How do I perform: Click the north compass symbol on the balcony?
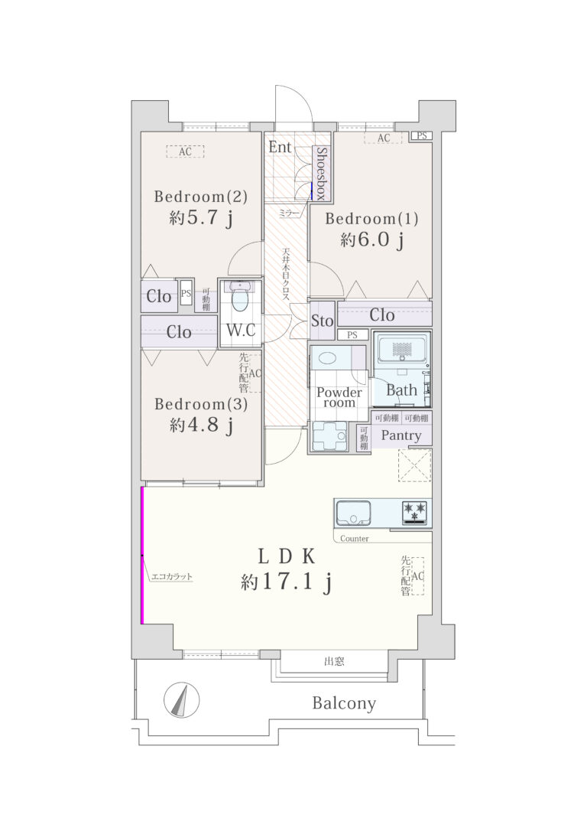point(182,699)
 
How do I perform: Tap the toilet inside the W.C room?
point(239,297)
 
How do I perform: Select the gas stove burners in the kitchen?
point(414,513)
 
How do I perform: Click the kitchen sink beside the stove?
point(354,513)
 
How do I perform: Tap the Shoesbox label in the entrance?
point(321,173)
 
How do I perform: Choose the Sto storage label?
point(322,321)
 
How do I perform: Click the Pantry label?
point(401,435)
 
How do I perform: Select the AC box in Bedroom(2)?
point(185,152)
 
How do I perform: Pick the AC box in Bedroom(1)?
point(383,138)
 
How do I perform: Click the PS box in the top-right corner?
point(421,135)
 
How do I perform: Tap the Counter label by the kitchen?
point(354,539)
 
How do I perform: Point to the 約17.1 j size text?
point(287,582)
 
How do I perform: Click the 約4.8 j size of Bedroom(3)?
point(201,425)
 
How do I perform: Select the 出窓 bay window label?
point(334,661)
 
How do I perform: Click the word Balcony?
point(344,703)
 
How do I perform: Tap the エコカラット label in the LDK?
point(171,577)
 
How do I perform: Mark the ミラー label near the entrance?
point(288,213)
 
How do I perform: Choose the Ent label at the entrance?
point(280,147)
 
